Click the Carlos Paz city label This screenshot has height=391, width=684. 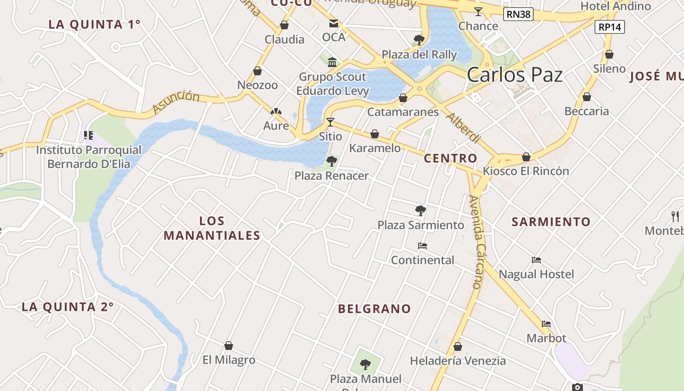514,75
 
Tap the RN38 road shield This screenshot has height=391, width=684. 518,14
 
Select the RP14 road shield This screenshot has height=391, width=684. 610,27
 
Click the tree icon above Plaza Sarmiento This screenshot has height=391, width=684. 420,211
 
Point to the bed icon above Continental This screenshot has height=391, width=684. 423,246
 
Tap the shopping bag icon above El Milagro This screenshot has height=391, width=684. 228,346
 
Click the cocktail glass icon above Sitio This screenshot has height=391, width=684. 330,122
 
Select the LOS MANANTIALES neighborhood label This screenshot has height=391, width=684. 212,228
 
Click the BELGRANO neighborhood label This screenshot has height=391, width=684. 375,309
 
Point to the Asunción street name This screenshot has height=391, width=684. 176,102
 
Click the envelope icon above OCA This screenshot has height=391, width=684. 334,23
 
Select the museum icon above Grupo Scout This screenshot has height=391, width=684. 333,62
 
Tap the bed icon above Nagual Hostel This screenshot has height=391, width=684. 536,260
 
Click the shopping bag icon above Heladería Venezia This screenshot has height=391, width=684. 458,347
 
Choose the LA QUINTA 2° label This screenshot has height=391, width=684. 67,307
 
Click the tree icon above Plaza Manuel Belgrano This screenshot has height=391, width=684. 365,364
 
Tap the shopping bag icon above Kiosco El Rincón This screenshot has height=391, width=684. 526,157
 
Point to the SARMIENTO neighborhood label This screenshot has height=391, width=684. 551,222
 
